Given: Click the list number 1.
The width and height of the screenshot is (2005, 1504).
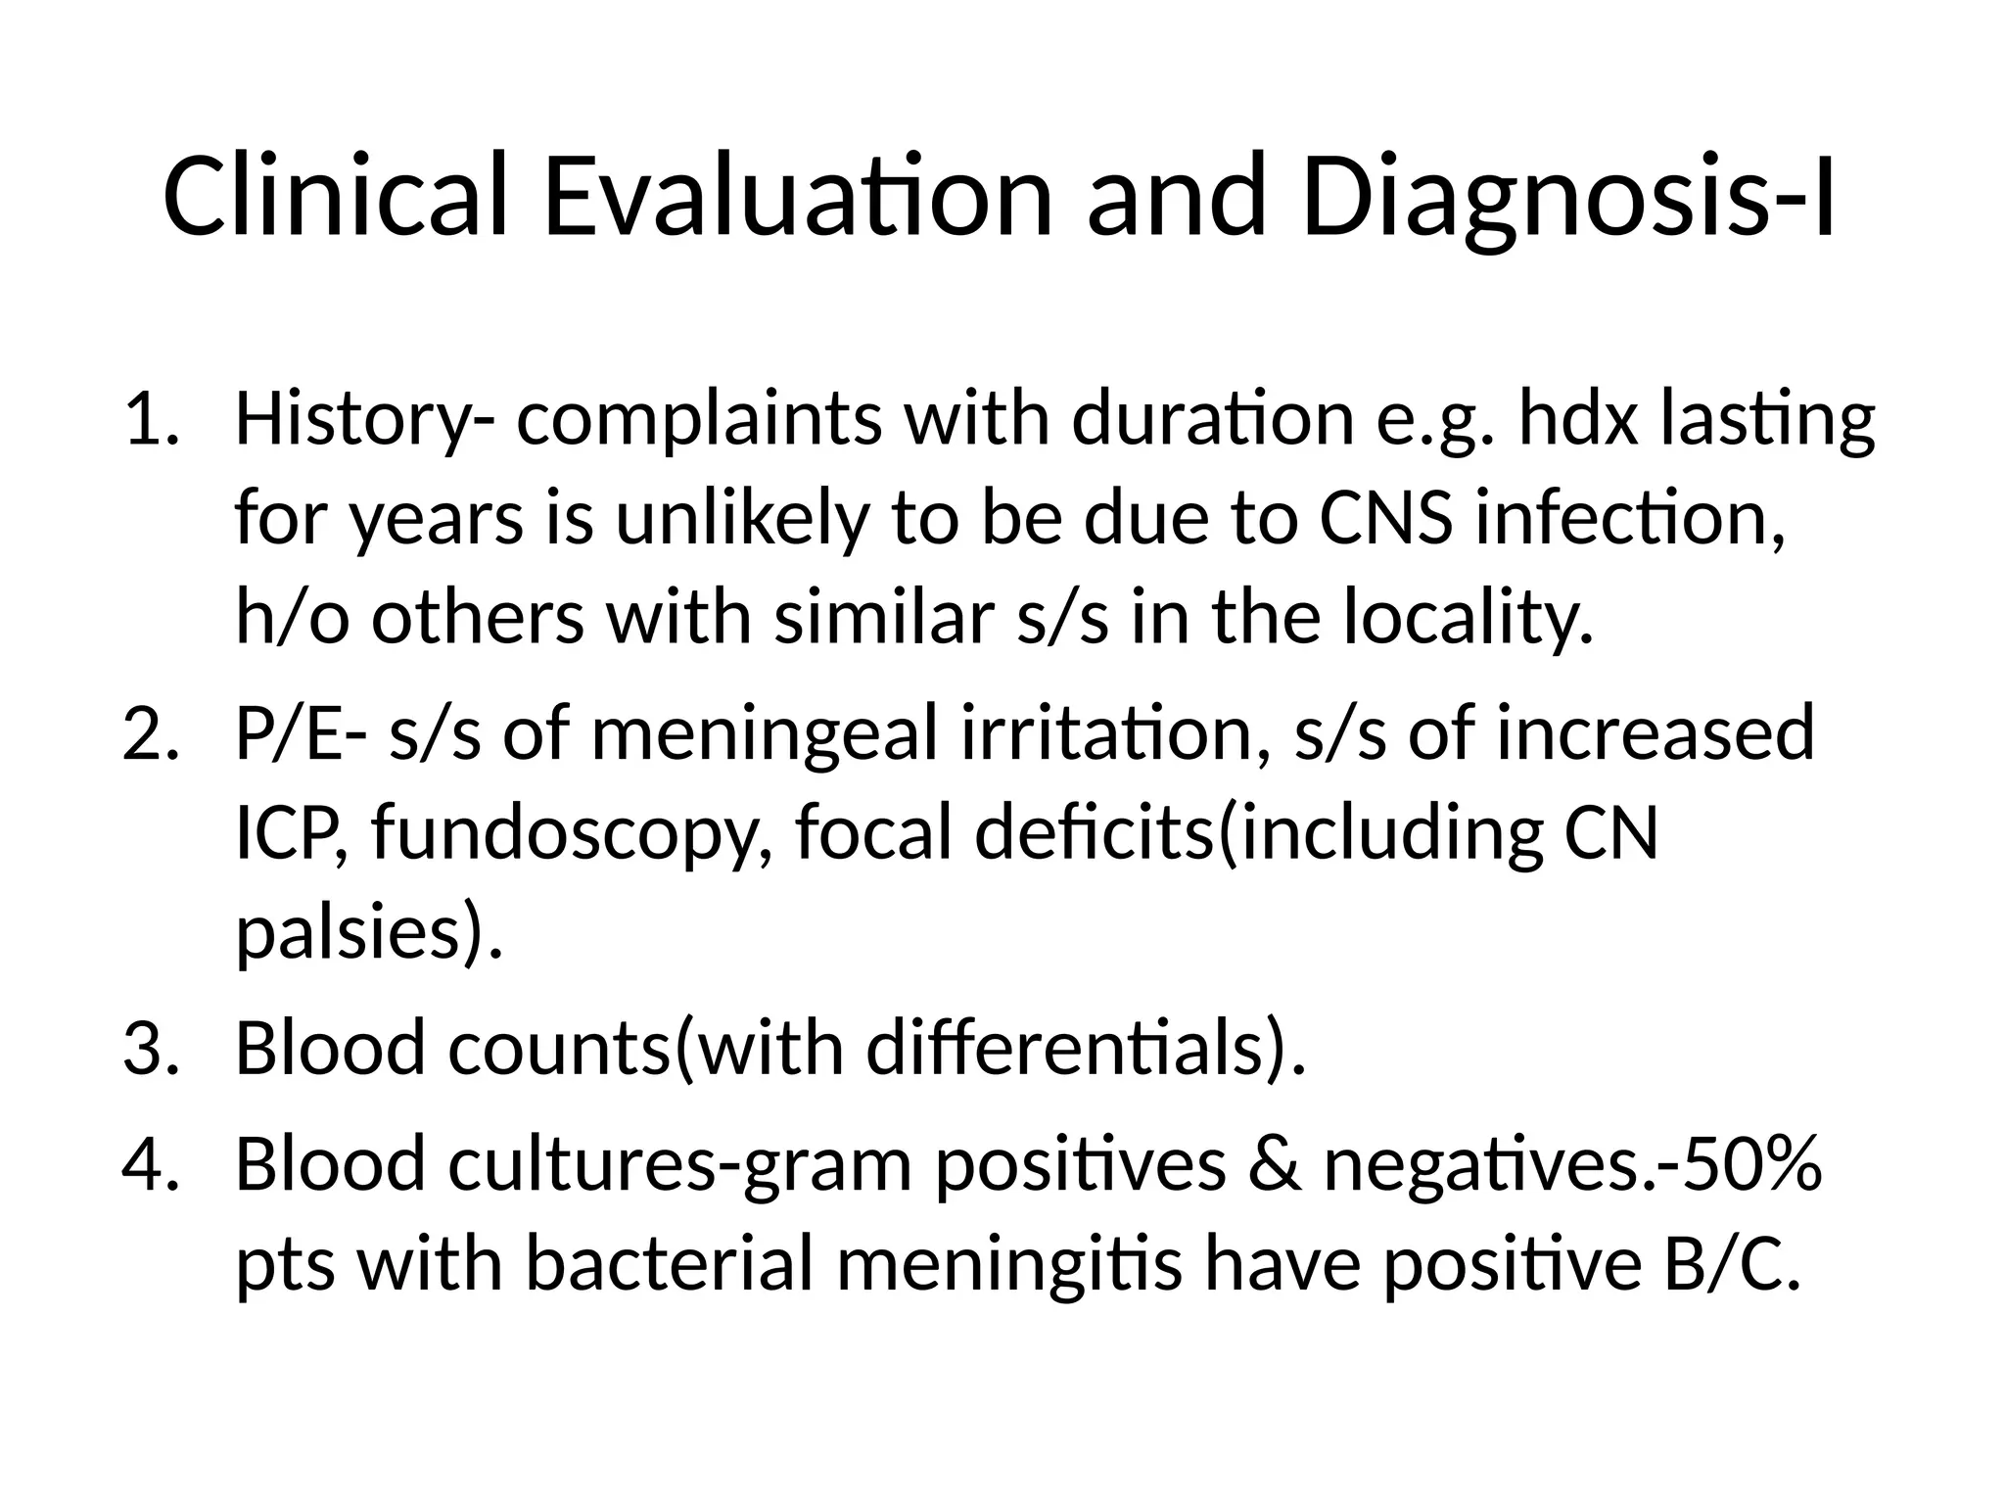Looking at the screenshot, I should pyautogui.click(x=149, y=419).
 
